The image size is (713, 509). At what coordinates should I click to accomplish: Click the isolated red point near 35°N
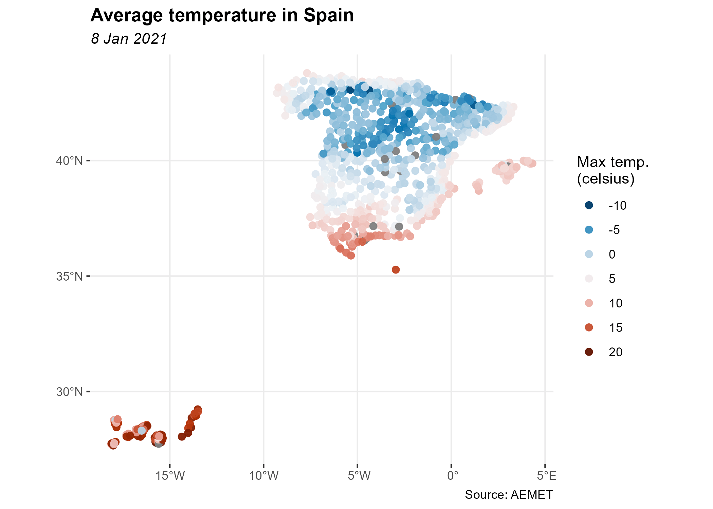[396, 270]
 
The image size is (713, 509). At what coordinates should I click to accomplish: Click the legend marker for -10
[589, 205]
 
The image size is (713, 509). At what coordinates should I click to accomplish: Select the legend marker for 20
[589, 352]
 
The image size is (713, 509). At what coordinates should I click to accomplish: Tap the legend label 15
[615, 327]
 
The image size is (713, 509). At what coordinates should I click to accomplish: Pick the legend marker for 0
[589, 254]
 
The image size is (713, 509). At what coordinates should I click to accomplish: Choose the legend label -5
[614, 230]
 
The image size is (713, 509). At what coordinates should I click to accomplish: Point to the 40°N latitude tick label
[69, 161]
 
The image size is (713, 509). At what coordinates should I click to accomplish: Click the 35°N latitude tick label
[69, 276]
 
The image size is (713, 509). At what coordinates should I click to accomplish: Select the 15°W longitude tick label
[170, 476]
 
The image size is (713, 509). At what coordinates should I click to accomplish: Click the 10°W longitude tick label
[264, 476]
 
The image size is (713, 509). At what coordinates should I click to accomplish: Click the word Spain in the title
[328, 16]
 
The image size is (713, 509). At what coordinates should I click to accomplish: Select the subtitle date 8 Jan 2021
[129, 39]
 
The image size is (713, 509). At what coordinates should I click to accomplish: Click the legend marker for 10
[589, 303]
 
